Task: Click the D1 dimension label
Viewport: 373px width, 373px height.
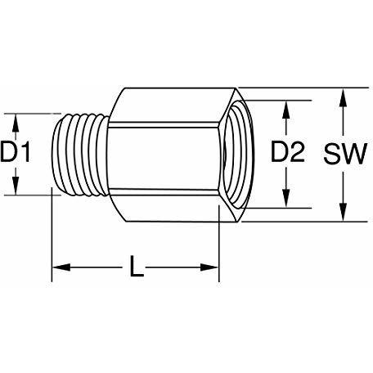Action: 16,151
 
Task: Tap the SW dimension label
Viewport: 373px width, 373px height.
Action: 345,154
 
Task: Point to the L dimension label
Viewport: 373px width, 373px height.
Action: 137,266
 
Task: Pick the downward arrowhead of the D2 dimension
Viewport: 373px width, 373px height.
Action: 285,198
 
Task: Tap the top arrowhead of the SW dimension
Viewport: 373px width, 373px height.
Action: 344,97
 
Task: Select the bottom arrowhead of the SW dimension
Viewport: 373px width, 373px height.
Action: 344,212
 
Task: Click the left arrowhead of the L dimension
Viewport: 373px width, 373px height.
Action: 61,267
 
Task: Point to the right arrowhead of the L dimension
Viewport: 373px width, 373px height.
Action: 209,267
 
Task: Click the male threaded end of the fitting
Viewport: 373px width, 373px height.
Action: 79,155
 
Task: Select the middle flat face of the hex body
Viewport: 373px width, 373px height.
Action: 164,158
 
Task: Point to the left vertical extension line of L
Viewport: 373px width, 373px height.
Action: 52,235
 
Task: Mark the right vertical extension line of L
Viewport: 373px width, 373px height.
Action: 219,244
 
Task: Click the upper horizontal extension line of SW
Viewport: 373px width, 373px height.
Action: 304,88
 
